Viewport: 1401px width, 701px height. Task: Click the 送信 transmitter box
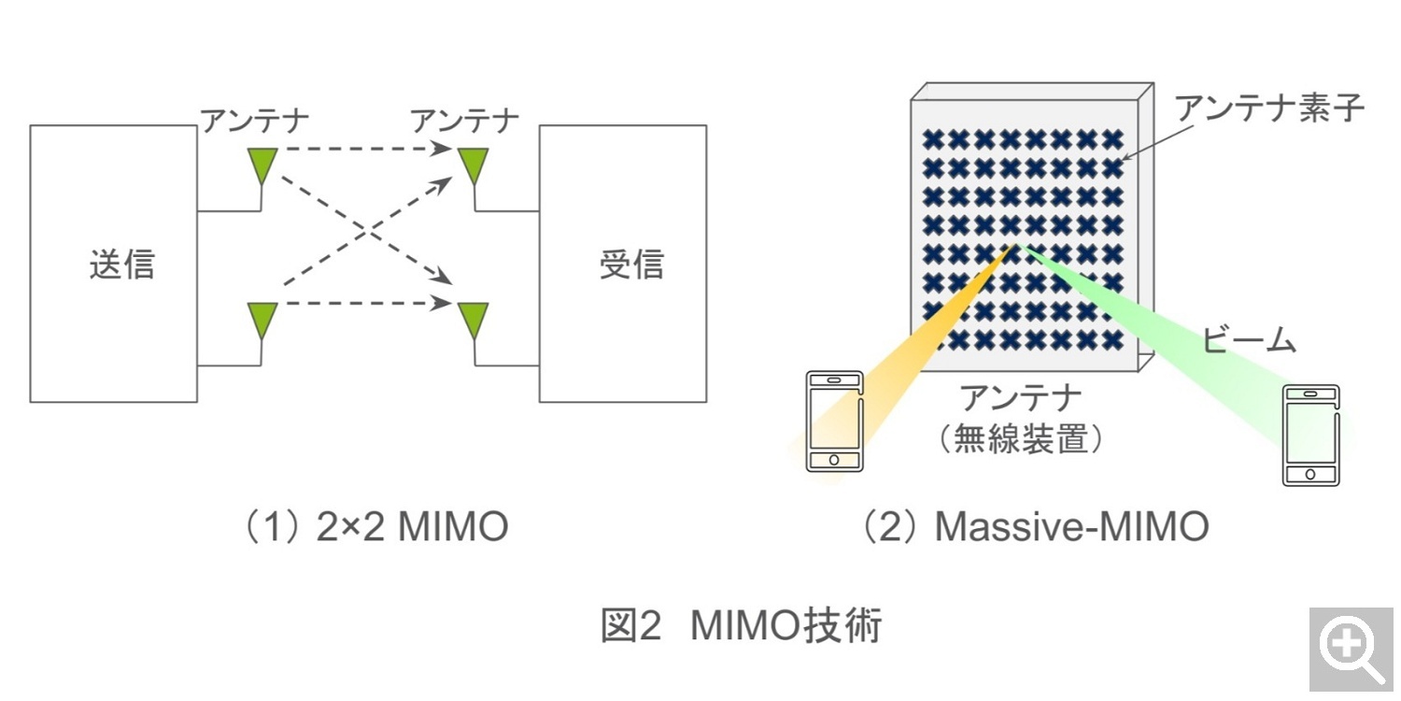coord(113,264)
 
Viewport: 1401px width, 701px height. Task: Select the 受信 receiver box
coord(622,264)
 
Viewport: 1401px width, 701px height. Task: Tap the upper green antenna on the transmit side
coord(261,165)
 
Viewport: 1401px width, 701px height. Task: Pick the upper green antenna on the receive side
coord(474,165)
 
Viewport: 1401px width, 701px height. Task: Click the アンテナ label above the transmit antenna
coord(254,121)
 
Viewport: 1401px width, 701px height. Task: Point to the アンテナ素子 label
coord(1270,108)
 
